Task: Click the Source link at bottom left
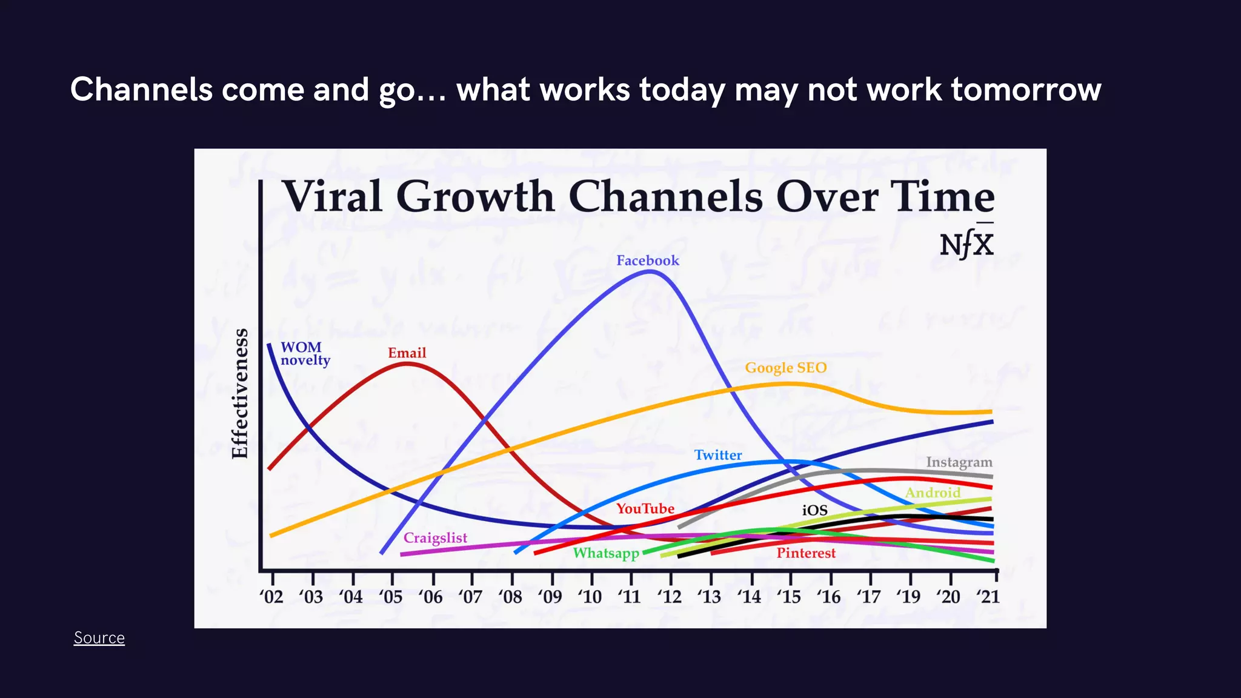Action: [x=99, y=638]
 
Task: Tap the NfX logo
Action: [x=967, y=244]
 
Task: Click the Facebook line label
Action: [x=647, y=261]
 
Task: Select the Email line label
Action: [x=407, y=353]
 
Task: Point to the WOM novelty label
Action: [x=305, y=354]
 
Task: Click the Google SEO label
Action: [x=785, y=368]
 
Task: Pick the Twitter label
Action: [x=717, y=455]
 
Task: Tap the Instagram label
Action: [x=959, y=462]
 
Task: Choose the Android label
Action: [x=933, y=493]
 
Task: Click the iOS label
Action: [x=814, y=510]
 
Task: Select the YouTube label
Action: [x=645, y=508]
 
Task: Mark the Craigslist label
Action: [x=435, y=538]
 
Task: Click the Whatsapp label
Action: [x=606, y=553]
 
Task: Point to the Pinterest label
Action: [x=805, y=553]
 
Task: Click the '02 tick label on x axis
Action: [x=271, y=597]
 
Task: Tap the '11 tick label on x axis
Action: [x=630, y=597]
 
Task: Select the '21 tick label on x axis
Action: [x=988, y=597]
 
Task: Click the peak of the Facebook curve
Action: [x=650, y=271]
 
